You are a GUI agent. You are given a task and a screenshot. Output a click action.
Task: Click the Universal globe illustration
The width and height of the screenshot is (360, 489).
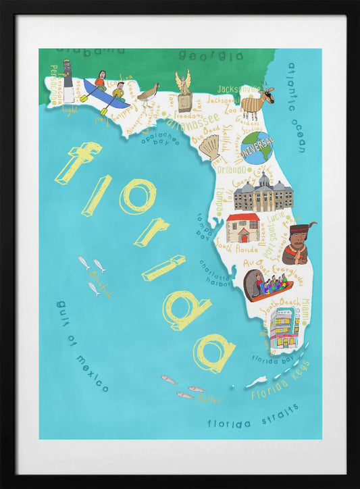[x=257, y=147]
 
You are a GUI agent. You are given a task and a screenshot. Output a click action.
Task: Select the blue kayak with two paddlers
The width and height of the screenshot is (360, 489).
[x=105, y=95]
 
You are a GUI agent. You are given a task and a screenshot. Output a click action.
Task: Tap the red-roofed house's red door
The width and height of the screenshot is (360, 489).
[x=243, y=236]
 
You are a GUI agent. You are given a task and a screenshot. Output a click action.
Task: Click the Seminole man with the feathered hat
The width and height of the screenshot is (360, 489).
[x=297, y=244]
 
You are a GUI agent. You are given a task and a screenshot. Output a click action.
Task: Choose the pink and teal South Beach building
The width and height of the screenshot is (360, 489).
[x=284, y=328]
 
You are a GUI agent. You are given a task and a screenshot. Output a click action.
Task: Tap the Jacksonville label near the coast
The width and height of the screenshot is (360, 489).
[x=238, y=88]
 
